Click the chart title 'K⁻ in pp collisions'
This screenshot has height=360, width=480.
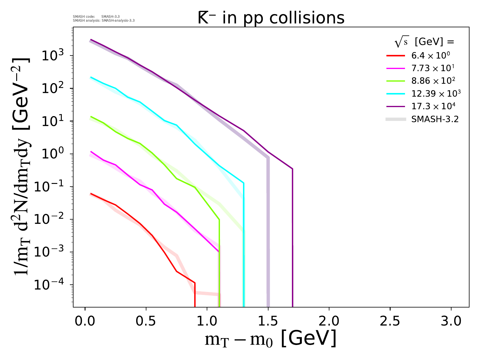tap(271, 18)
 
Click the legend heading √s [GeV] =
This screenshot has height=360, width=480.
tap(424, 42)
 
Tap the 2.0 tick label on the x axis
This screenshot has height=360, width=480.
tap(329, 321)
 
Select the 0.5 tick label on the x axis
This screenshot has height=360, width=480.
tap(146, 321)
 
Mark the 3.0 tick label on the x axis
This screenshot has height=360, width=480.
tap(451, 321)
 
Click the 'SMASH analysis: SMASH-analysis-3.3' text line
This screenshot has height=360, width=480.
tap(103, 21)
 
